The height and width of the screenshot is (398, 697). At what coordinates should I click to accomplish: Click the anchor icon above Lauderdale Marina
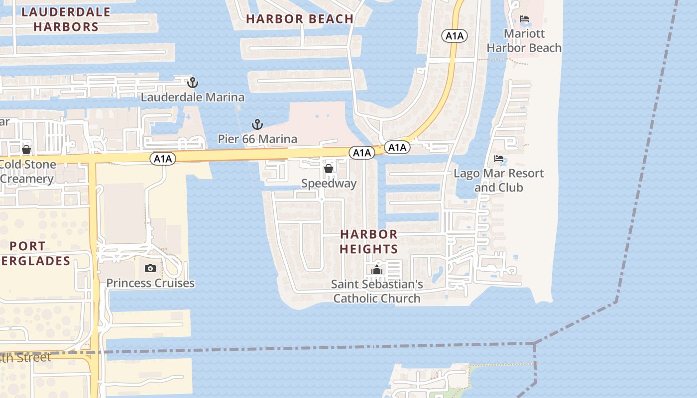[x=192, y=82]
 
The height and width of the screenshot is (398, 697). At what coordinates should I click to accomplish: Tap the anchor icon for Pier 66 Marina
[x=257, y=124]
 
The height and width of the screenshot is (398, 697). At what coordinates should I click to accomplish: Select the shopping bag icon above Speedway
[x=329, y=169]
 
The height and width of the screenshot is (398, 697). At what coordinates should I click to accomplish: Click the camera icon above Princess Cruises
[x=150, y=269]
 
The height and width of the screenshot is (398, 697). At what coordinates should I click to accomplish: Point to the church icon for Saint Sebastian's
[x=377, y=270]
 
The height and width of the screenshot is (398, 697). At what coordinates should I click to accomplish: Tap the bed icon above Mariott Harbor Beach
[x=524, y=19]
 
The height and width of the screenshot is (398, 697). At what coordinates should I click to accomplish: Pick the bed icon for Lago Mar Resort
[x=499, y=159]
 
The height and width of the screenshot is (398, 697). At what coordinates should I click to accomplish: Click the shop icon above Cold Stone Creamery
[x=26, y=149]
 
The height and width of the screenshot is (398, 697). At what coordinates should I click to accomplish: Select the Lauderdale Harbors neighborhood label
[x=66, y=19]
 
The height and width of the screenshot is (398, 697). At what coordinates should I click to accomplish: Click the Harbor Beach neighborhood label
[x=300, y=19]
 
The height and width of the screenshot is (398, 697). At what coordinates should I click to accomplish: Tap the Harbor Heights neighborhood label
[x=369, y=241]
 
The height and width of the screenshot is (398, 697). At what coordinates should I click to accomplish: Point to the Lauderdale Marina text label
[x=193, y=97]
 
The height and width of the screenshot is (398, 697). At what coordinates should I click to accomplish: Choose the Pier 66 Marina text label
[x=257, y=139]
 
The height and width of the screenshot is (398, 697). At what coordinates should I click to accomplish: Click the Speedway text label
[x=329, y=184]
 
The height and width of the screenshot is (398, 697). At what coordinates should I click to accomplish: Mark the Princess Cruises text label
[x=150, y=283]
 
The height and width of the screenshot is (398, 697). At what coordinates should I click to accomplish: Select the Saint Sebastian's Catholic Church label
[x=377, y=292]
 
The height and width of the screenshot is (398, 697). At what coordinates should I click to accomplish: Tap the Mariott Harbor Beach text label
[x=524, y=41]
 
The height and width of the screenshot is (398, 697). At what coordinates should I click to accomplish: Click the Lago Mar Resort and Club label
[x=499, y=180]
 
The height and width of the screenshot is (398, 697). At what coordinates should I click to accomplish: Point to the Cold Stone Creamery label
[x=27, y=172]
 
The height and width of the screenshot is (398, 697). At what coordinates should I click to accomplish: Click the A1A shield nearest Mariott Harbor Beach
[x=454, y=35]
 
